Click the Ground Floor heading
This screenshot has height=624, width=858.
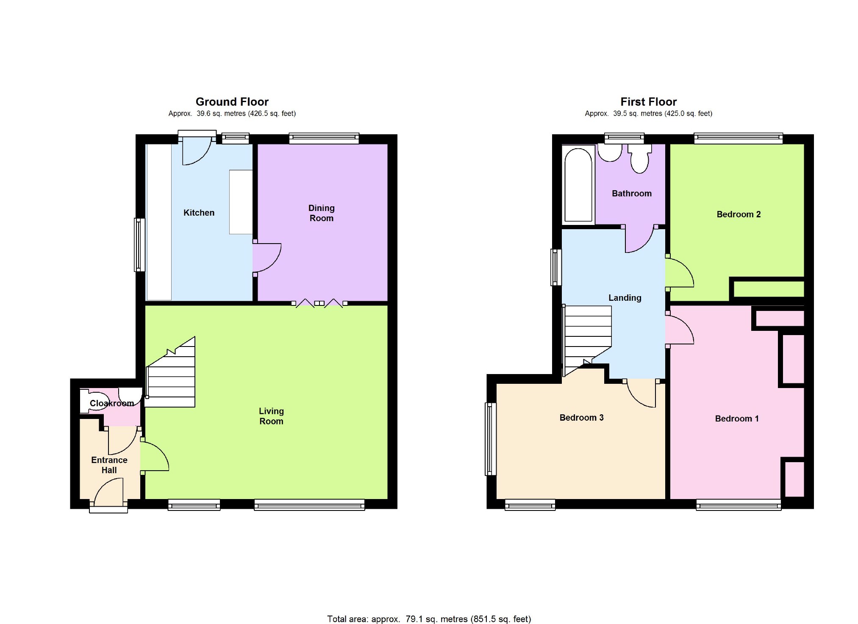coord(232,102)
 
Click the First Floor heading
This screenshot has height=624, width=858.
coord(648,102)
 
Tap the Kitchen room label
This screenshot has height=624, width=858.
coord(199,213)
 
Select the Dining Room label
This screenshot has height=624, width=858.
coord(321,213)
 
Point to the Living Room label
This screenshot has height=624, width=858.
coord(271,416)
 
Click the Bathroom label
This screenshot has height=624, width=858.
coord(631,194)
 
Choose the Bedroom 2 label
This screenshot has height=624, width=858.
coord(738,214)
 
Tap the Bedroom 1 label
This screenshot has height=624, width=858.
coord(736,419)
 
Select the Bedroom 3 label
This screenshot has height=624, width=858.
coord(581,418)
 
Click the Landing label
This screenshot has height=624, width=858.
coord(625,298)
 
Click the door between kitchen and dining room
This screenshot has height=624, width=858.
coord(267,258)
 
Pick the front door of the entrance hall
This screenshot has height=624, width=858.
coord(108,492)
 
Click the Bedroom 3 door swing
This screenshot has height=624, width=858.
coord(641,393)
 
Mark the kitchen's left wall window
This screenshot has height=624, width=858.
coord(139,244)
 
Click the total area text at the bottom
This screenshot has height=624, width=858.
coord(429,619)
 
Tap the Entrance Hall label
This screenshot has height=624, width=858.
coord(109,465)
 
